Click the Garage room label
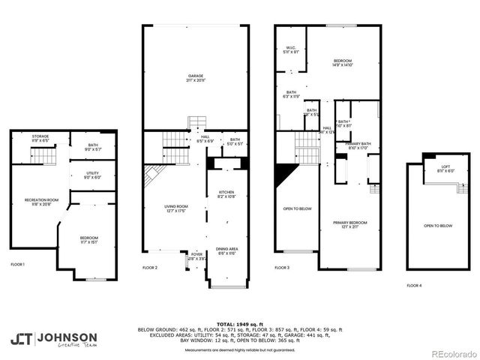196,77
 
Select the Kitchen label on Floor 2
226,193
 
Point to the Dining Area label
227,250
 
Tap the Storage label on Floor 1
40,138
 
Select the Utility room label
93,175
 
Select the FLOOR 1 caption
18,263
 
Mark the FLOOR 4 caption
414,285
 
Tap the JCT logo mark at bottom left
22,338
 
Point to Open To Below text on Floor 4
437,226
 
